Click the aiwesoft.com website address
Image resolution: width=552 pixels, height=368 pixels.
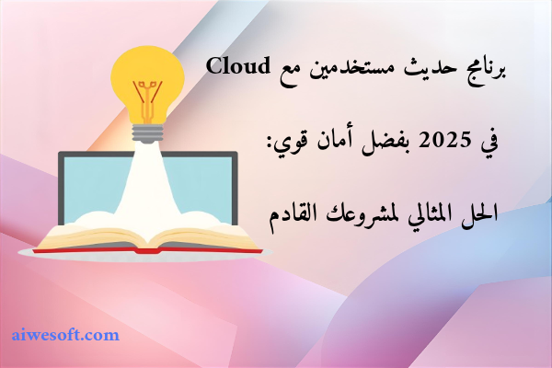click(x=65, y=335)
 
